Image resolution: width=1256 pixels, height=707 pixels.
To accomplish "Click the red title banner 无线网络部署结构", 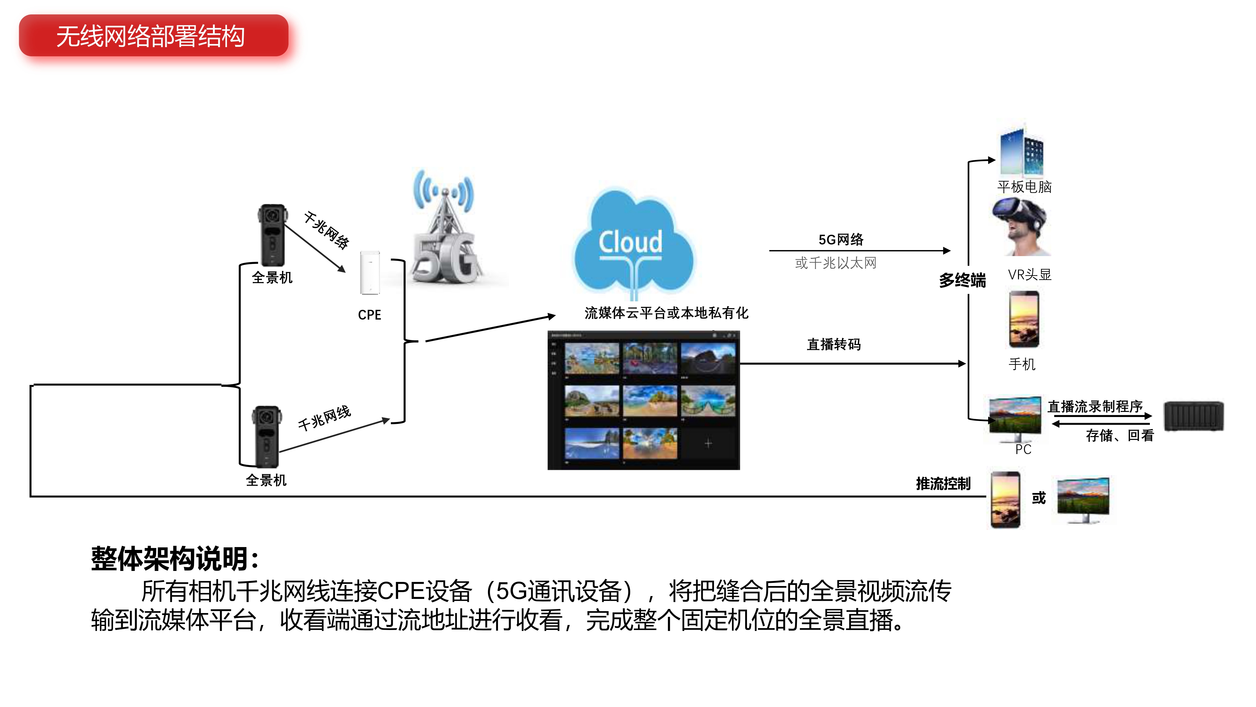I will [153, 36].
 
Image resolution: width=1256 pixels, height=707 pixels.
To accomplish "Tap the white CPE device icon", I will [370, 273].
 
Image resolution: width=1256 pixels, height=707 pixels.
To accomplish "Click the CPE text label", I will [370, 315].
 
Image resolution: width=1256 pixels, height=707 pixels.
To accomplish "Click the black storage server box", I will [1194, 416].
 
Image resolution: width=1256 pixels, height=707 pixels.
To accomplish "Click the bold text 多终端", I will [962, 281].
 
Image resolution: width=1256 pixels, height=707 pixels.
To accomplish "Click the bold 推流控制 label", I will [943, 484].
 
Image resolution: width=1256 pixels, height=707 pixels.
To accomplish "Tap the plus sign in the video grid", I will [708, 443].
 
